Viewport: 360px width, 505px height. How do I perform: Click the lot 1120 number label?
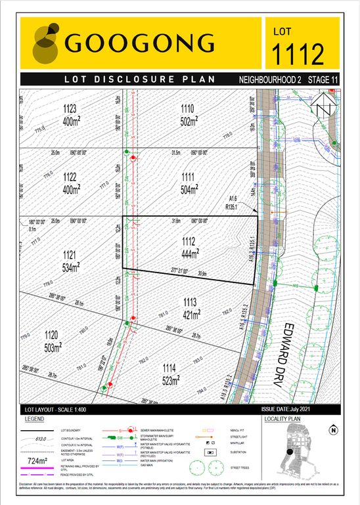pos(50,334)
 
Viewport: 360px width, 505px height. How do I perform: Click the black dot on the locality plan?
pos(288,451)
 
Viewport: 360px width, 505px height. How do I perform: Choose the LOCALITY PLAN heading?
pos(281,418)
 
